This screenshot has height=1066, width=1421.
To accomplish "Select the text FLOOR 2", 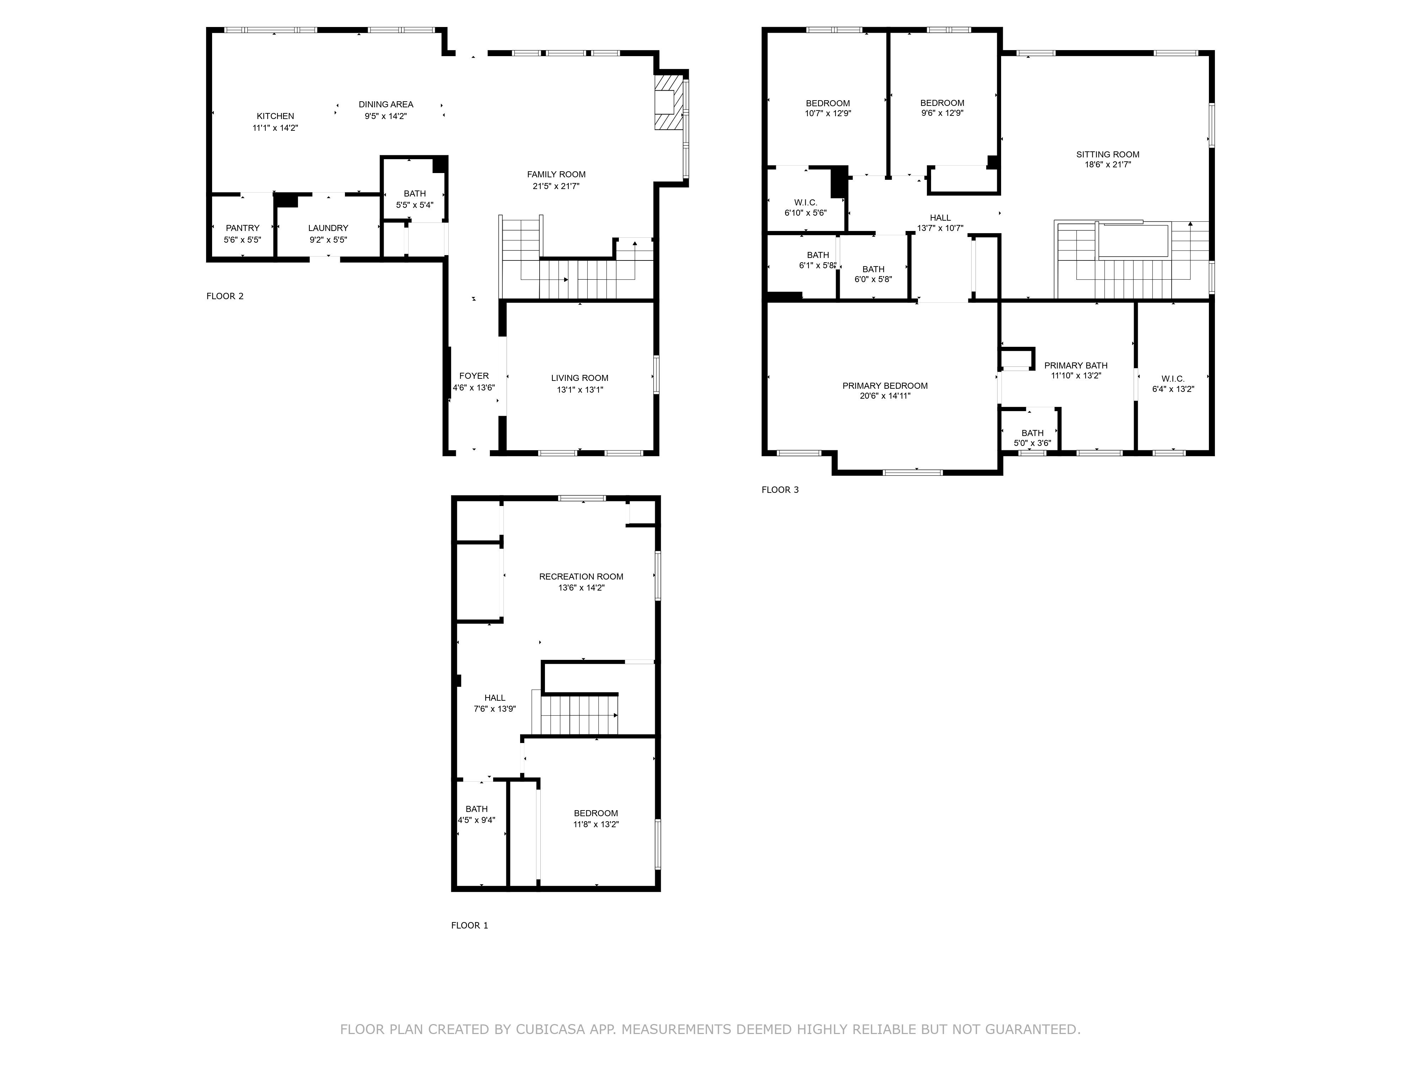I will [225, 296].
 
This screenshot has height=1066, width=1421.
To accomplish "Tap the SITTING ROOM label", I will [1108, 154].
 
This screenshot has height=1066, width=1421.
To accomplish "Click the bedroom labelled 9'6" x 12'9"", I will [942, 108].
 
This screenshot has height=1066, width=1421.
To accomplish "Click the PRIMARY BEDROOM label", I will [885, 386].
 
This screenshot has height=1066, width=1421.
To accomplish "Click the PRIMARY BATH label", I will [1075, 366].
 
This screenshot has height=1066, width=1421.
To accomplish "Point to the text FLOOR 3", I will [780, 490].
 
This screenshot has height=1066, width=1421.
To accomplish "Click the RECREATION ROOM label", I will [581, 576].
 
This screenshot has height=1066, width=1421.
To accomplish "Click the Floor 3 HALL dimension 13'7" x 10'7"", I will [940, 227].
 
